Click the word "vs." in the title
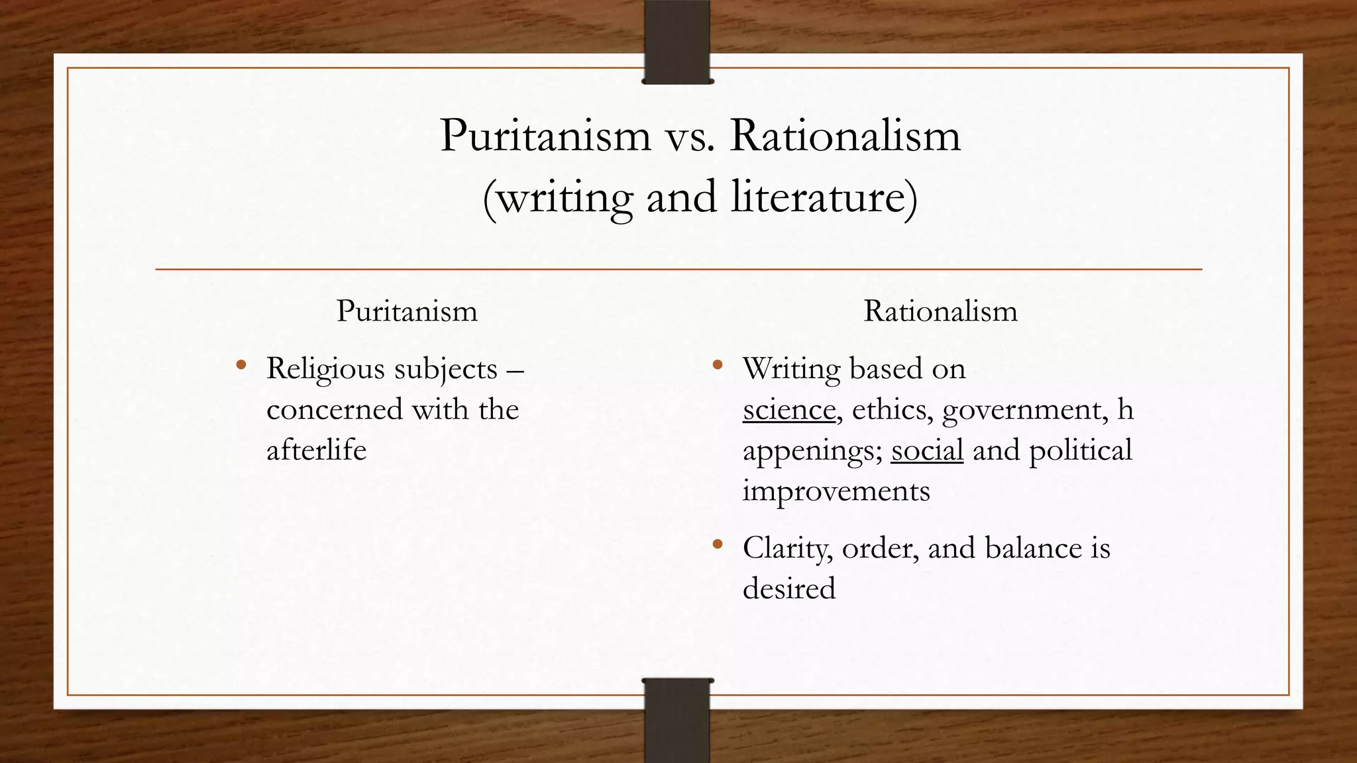[x=690, y=136]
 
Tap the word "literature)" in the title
[x=825, y=197]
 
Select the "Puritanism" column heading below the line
[x=407, y=311]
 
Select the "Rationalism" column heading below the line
[x=940, y=311]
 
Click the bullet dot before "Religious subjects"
[x=241, y=364]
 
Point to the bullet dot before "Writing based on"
[x=717, y=364]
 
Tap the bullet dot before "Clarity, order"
[x=717, y=544]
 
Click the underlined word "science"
[x=788, y=409]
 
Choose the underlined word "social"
[x=926, y=450]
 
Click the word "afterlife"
[x=316, y=450]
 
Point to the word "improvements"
[x=836, y=491]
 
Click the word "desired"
[x=788, y=588]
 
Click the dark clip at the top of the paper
[x=677, y=41]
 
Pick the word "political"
[x=1080, y=450]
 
